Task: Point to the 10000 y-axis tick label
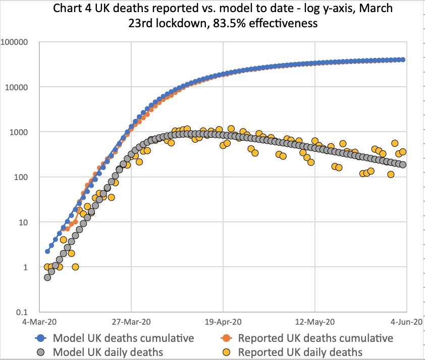[21, 87]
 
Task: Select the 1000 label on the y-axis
[23, 132]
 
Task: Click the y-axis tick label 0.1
[25, 312]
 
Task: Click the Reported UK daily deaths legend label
[300, 351]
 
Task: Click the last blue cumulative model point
[402, 59]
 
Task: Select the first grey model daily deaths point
[47, 277]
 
